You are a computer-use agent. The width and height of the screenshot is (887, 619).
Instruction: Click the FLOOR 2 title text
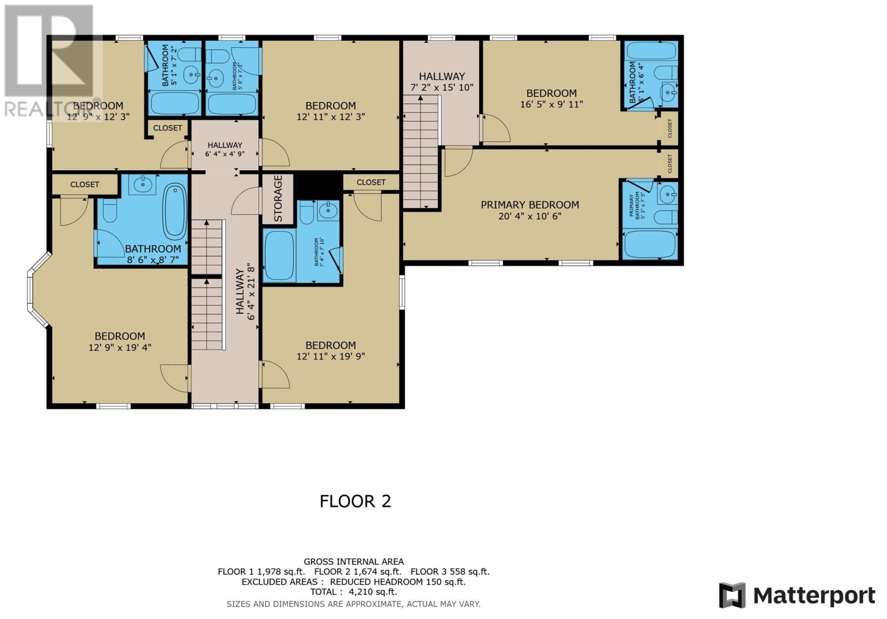coord(355,501)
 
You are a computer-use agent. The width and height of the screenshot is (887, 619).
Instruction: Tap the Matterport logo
coord(797,596)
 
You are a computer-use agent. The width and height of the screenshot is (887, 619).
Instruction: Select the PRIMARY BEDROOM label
coord(529,205)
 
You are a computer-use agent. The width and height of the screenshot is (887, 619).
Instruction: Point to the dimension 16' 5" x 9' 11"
coord(551,104)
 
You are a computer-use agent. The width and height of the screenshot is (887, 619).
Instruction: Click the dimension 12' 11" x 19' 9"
coord(330,356)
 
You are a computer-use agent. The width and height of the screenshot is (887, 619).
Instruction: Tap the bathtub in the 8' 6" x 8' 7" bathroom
coord(175,211)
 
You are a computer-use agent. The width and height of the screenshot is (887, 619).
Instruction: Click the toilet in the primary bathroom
coord(665,217)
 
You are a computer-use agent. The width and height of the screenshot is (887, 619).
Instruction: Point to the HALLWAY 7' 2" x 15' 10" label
coord(442,81)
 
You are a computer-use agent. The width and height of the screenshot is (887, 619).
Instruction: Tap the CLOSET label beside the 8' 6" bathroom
coord(84,185)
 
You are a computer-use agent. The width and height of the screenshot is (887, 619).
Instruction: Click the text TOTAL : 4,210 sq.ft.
coord(353,592)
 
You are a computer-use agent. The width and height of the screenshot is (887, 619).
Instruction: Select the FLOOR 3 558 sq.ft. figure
coord(450,572)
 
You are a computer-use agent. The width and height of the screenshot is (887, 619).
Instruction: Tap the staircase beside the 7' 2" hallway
coord(421,152)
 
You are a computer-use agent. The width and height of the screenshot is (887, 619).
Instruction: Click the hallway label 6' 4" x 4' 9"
coord(225,150)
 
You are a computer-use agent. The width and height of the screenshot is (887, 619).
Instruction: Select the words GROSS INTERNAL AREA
coord(353,561)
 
